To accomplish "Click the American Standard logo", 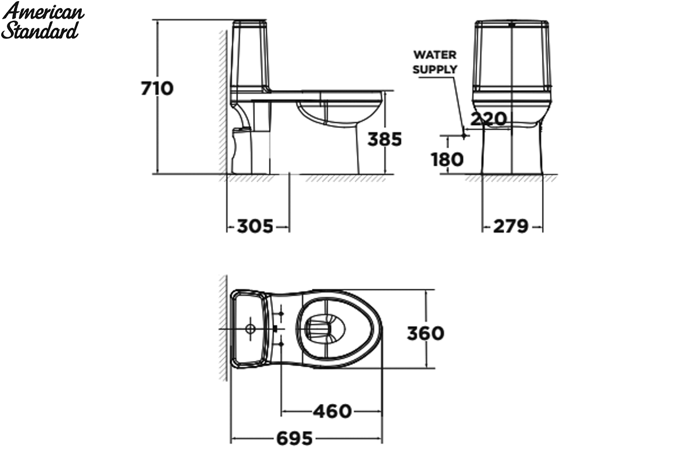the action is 42,20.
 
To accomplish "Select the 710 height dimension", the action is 157,88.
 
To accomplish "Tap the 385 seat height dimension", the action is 385,139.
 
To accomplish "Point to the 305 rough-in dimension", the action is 255,226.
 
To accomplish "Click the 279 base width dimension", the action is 511,226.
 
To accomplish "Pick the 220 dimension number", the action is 488,119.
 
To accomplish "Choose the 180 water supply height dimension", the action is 447,159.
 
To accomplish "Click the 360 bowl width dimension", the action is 425,333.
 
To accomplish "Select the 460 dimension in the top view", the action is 332,412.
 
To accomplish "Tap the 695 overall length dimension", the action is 294,438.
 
